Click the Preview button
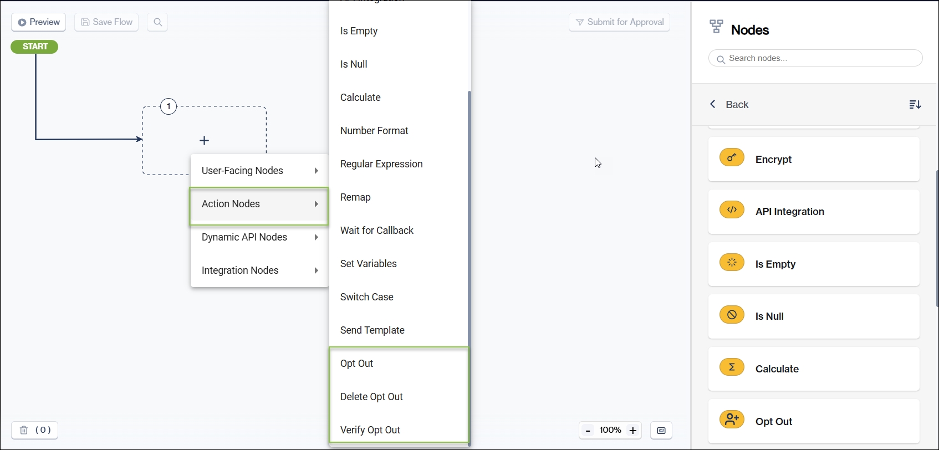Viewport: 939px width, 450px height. click(39, 22)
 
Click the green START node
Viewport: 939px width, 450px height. click(34, 47)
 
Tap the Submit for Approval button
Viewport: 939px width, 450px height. click(619, 22)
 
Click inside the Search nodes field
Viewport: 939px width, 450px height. click(820, 58)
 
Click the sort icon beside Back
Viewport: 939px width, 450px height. click(915, 105)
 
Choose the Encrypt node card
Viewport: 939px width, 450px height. click(813, 159)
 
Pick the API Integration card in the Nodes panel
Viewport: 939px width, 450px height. click(813, 212)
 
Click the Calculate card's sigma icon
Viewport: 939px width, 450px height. click(732, 367)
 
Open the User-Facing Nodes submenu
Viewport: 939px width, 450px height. click(259, 171)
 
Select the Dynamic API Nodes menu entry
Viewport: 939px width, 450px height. click(259, 237)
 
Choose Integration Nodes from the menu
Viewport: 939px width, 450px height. click(259, 270)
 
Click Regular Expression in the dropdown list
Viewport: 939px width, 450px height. click(381, 164)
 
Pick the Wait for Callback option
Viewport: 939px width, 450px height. click(377, 231)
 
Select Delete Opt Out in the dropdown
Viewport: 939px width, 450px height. click(371, 397)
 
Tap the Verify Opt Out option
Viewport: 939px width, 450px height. click(370, 430)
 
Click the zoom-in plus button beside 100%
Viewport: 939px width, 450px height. click(633, 431)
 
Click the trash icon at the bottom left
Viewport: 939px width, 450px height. click(24, 430)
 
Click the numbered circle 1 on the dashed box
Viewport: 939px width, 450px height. click(169, 106)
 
